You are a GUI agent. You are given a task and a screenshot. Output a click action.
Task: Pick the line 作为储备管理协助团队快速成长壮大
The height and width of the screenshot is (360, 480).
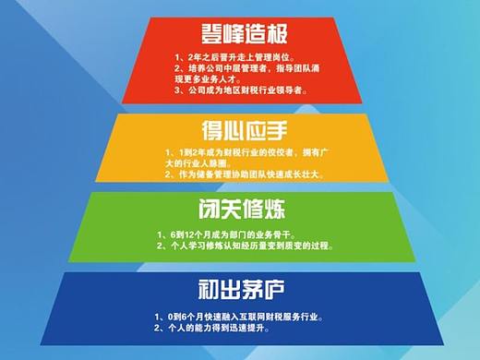tap(243, 173)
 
